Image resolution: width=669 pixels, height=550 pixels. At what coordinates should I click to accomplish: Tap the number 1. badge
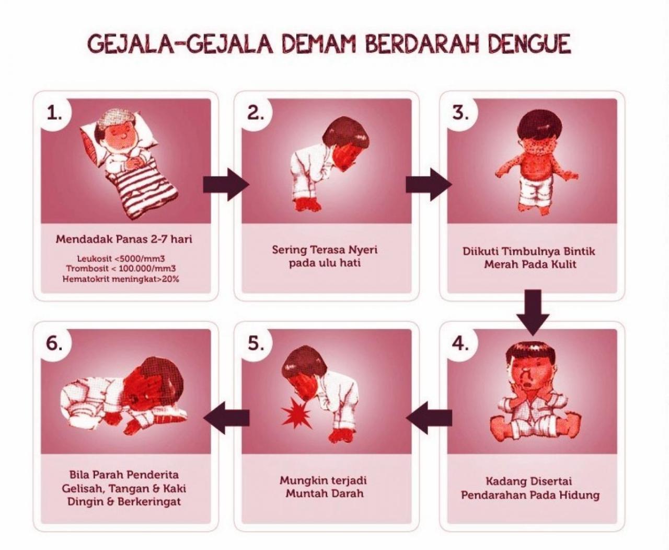click(x=54, y=113)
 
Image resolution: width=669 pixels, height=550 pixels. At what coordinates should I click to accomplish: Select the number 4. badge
click(x=460, y=344)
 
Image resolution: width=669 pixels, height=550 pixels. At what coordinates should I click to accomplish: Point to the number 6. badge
click(x=54, y=344)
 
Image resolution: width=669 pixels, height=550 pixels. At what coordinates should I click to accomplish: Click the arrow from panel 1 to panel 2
click(x=225, y=184)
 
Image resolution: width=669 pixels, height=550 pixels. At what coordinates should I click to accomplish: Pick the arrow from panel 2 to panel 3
click(x=428, y=184)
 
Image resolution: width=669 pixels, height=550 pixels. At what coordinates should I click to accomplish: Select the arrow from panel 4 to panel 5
click(x=429, y=417)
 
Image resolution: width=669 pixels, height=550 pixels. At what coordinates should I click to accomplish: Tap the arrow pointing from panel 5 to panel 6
click(x=226, y=417)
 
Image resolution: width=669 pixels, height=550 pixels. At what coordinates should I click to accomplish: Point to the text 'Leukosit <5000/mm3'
click(x=121, y=259)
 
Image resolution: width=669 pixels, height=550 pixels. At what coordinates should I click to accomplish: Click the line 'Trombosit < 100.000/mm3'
click(x=121, y=268)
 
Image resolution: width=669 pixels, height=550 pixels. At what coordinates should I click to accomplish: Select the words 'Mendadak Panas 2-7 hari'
click(x=124, y=239)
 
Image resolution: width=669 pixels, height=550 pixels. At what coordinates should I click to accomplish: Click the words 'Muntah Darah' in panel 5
click(x=324, y=493)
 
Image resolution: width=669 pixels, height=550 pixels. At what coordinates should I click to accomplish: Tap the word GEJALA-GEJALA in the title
click(x=180, y=44)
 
